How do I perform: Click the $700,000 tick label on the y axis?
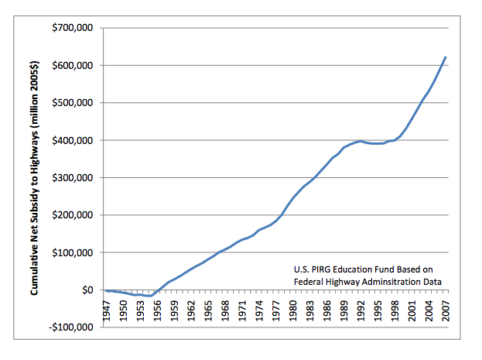[x=72, y=29]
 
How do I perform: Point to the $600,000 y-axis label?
[x=72, y=66]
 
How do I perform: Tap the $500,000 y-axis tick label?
[x=72, y=103]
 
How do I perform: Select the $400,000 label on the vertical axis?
[x=72, y=141]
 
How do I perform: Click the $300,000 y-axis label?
[x=72, y=178]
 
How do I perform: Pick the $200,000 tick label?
[x=72, y=215]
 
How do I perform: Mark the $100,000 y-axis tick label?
[x=72, y=253]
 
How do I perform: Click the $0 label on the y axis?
[x=84, y=290]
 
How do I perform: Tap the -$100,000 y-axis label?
[x=70, y=327]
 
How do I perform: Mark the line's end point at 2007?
[x=446, y=57]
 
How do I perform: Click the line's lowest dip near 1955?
[x=150, y=296]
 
